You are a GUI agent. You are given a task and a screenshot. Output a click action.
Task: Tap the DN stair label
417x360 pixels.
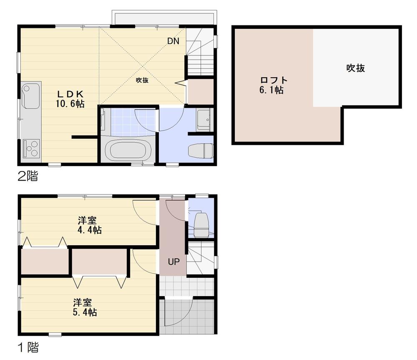173,41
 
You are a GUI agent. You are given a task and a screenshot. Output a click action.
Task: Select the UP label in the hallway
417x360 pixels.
173,262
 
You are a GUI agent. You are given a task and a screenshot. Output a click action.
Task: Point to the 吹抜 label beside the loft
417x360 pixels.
355,68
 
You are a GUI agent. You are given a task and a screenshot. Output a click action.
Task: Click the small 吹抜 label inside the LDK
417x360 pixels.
142,81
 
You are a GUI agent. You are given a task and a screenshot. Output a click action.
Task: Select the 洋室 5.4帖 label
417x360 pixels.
85,307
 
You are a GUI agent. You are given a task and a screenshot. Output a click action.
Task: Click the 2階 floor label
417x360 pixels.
28,176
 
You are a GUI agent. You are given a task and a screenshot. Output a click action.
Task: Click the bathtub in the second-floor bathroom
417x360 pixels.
127,150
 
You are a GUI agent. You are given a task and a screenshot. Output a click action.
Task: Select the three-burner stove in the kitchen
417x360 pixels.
30,148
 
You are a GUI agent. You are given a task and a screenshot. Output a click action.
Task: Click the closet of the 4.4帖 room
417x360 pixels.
45,262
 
